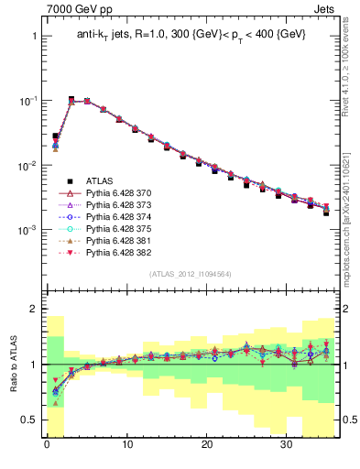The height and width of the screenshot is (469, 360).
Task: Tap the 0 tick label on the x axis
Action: click(46, 447)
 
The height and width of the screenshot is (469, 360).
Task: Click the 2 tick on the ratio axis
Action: click(33, 309)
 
